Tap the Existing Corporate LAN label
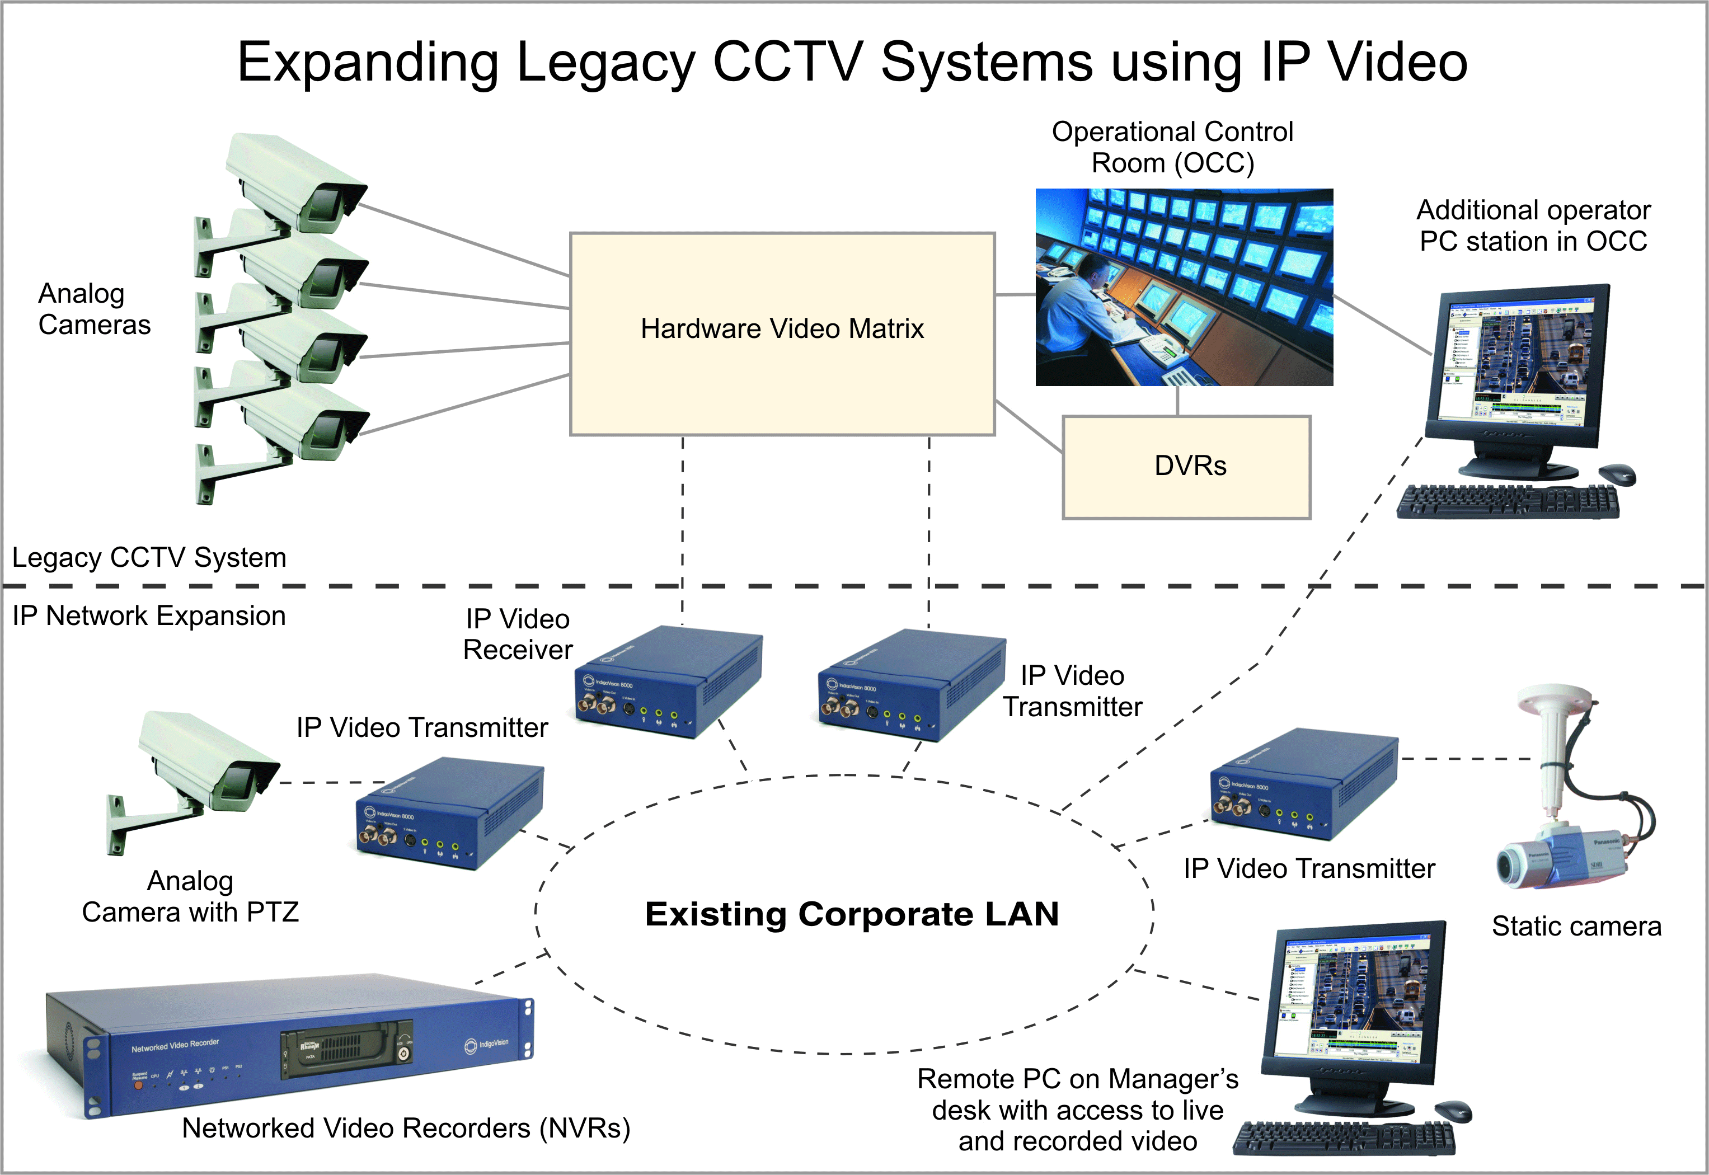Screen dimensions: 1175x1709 pos(852,914)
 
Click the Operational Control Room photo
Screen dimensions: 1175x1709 pos(1184,287)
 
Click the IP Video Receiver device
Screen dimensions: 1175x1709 pos(666,681)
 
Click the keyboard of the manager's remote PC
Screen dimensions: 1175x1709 pos(1344,1138)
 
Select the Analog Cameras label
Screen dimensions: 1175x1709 pos(94,309)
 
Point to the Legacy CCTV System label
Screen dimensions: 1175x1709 pos(149,557)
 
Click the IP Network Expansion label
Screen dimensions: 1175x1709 pos(149,615)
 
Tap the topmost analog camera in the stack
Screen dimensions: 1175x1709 pos(294,184)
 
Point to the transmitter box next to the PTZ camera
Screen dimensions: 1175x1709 pos(449,814)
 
